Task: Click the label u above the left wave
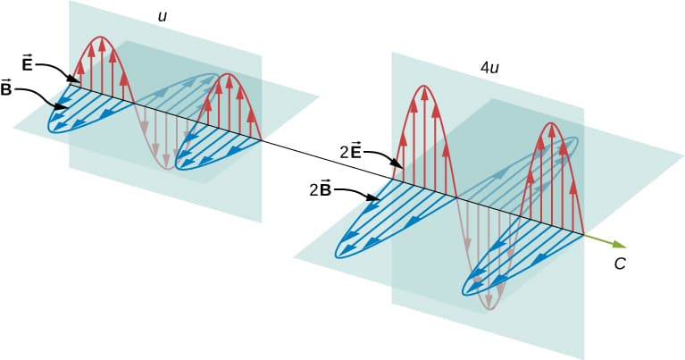[163, 17]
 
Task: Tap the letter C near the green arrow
[620, 264]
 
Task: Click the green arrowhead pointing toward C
[622, 244]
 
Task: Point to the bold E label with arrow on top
[27, 63]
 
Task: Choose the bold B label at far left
[6, 88]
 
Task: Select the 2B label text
[321, 190]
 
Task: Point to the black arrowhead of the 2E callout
[399, 165]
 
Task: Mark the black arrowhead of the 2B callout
[377, 199]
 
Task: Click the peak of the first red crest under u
[101, 37]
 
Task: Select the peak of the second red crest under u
[228, 74]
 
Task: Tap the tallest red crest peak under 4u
[423, 86]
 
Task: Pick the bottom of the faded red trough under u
[166, 168]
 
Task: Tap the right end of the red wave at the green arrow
[583, 235]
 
